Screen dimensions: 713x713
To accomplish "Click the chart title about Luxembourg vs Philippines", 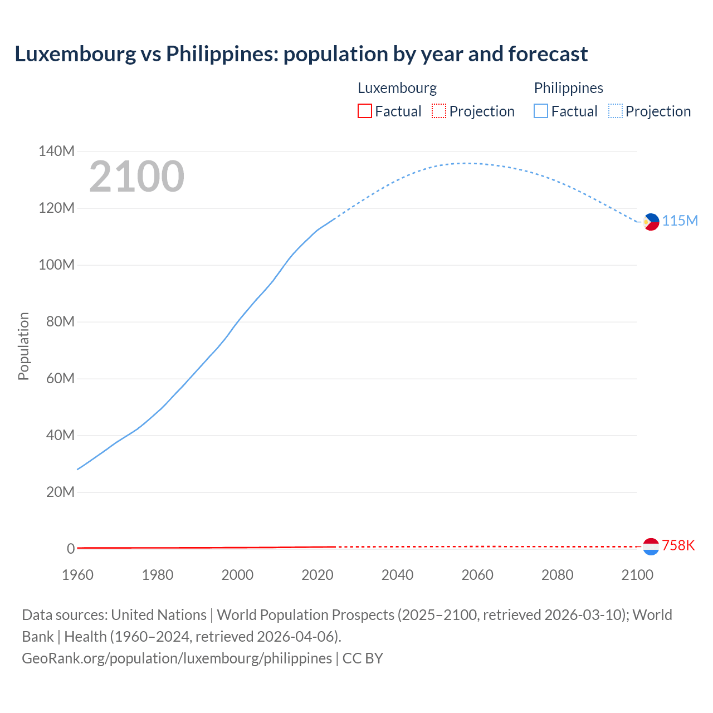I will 301,54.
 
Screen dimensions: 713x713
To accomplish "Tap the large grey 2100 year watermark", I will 136,177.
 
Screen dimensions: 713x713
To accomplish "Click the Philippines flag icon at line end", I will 651,222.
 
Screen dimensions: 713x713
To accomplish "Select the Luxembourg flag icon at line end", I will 651,546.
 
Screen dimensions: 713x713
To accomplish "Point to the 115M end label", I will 680,221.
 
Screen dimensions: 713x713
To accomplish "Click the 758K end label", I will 678,545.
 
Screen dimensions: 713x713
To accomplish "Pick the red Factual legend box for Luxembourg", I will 364,111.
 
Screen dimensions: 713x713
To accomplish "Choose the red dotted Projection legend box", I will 439,111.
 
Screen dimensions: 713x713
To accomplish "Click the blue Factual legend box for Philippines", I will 540,111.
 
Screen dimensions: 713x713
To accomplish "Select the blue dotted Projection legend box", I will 615,111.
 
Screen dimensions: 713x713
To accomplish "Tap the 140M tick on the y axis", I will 56,152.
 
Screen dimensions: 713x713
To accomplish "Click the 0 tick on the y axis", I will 71,549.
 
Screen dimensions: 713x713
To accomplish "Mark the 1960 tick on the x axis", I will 77,575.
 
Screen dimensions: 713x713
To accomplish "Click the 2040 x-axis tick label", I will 397,575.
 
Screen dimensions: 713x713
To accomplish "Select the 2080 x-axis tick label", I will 557,575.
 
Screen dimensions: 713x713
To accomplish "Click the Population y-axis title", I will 23,346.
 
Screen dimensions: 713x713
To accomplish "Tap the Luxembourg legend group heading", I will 397,88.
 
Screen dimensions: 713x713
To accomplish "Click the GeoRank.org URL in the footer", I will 177,658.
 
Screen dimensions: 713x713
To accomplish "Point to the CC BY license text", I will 363,658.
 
